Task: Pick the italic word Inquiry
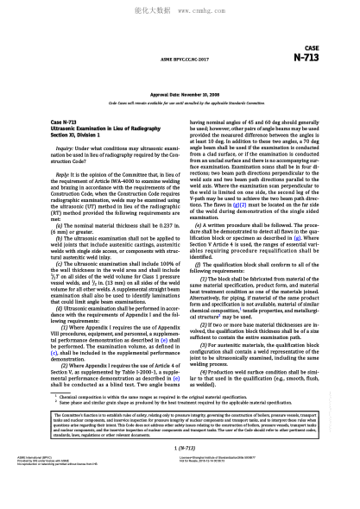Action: (x=63, y=148)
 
